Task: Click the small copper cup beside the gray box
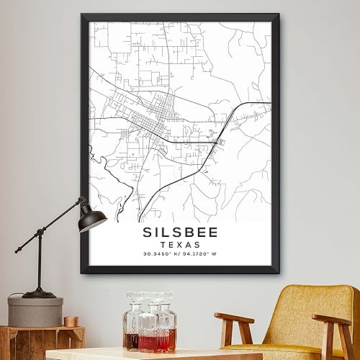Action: point(70,321)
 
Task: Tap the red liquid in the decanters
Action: point(148,340)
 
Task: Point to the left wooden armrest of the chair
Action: point(234,318)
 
